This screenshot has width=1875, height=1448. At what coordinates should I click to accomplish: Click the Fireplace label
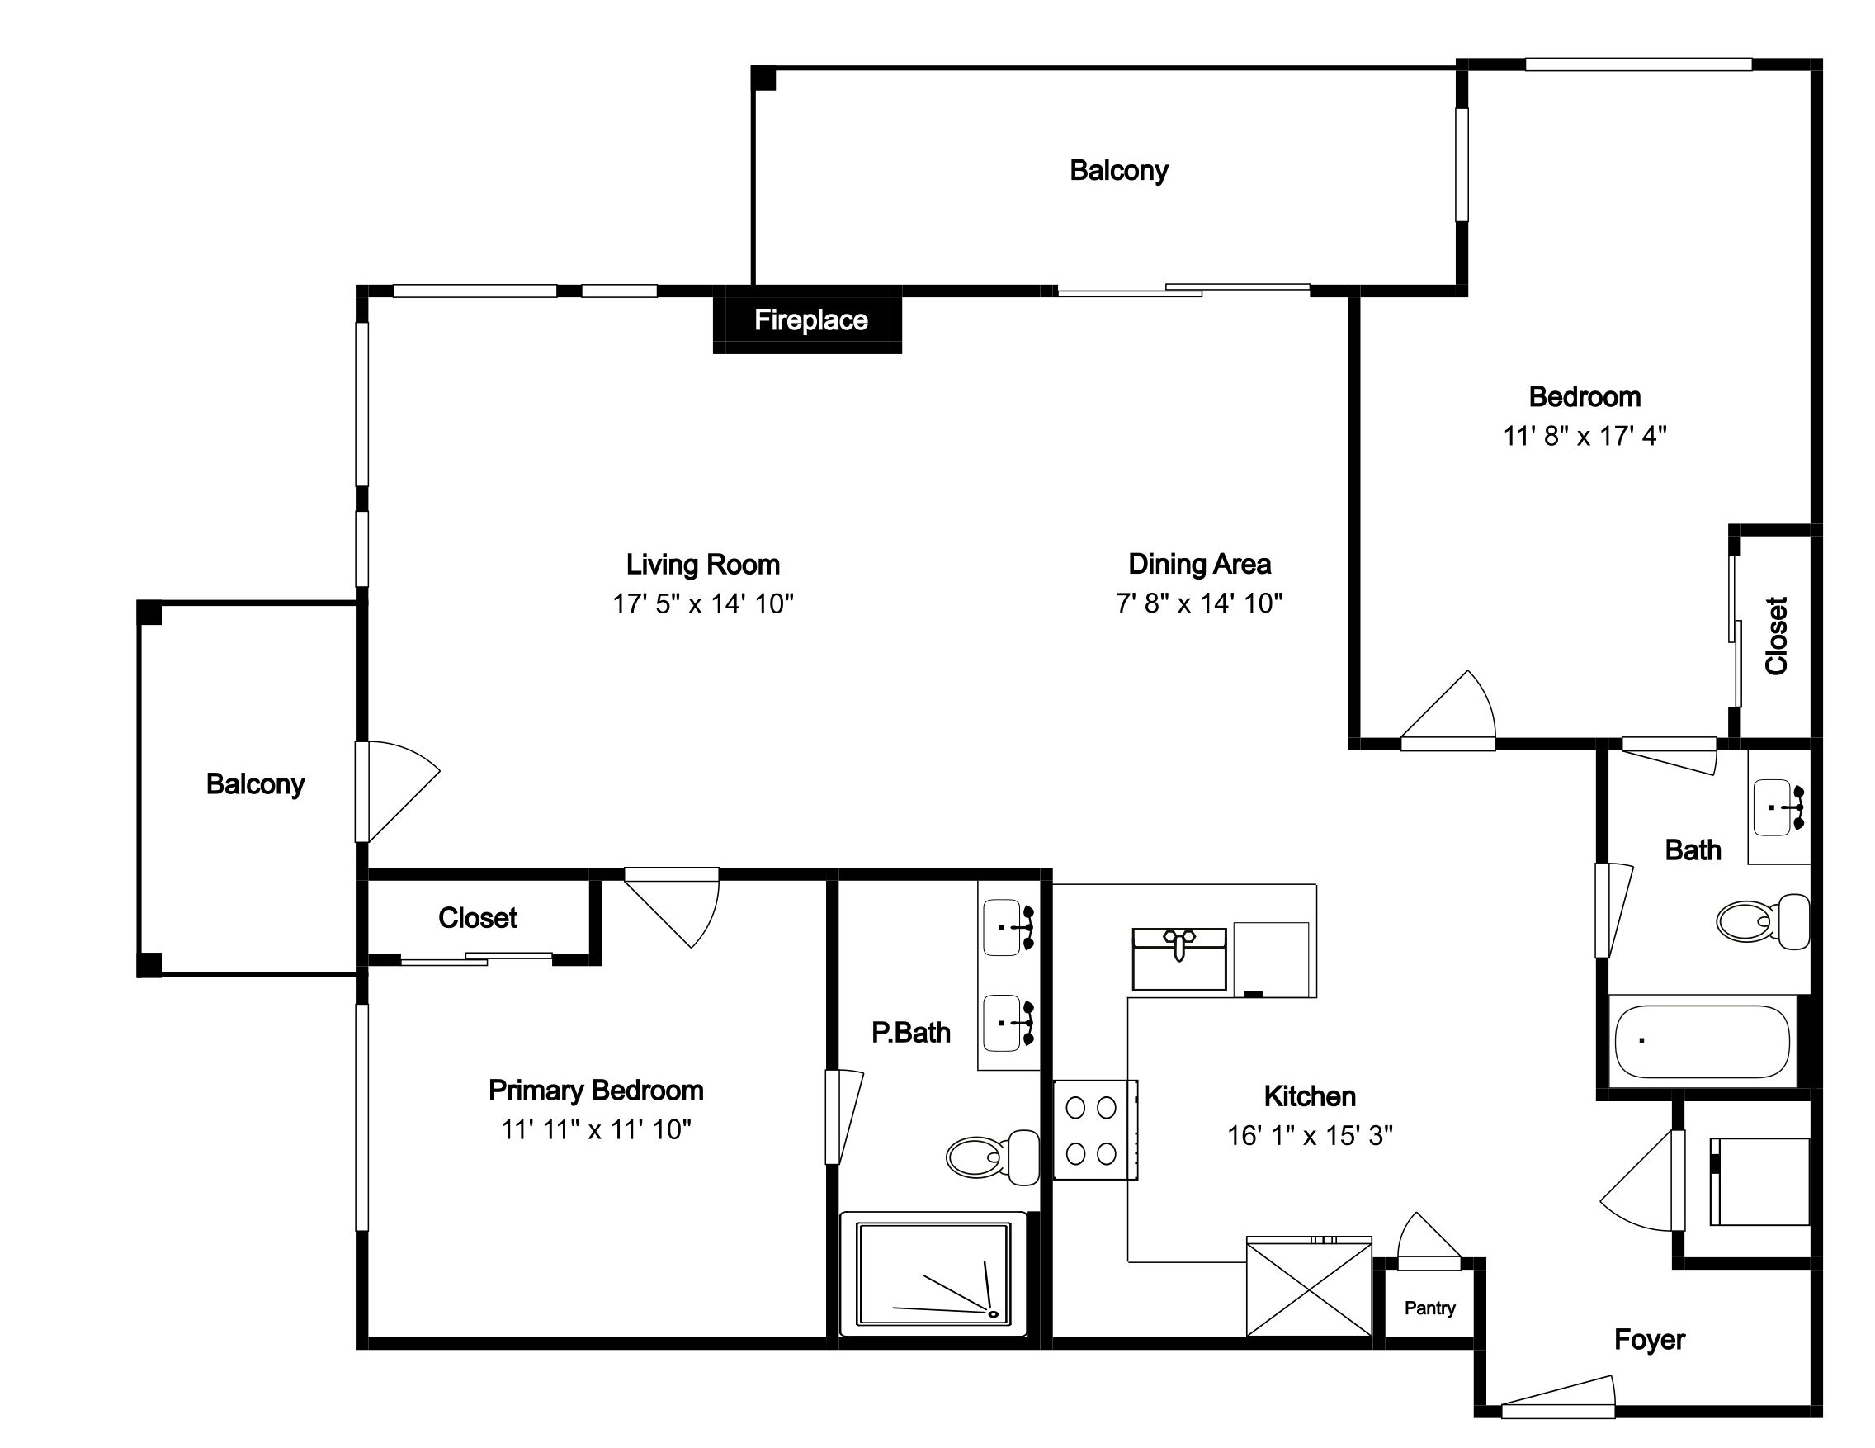tap(810, 320)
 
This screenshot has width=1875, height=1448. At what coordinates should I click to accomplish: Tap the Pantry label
tap(1429, 1308)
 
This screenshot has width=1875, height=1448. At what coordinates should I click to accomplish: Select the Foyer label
tap(1649, 1340)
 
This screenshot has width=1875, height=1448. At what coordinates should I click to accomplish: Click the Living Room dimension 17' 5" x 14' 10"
tap(703, 603)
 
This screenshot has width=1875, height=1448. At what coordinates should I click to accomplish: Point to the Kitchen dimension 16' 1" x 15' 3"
tap(1309, 1135)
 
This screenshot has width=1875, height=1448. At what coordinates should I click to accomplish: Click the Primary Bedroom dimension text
tap(596, 1129)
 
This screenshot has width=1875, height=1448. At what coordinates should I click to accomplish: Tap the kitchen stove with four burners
tap(1095, 1129)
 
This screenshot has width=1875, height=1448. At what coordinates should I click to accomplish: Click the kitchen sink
tap(1178, 958)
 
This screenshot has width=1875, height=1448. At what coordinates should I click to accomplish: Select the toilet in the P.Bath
tap(994, 1156)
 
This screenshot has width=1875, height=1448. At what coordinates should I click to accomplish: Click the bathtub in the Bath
tap(1702, 1041)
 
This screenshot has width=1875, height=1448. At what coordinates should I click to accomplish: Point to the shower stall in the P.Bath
tap(933, 1274)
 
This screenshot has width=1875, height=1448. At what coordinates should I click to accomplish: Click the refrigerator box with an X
tap(1309, 1286)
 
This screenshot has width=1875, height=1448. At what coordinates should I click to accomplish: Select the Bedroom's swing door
tap(1448, 709)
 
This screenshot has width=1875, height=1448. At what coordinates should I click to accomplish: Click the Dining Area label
tap(1199, 564)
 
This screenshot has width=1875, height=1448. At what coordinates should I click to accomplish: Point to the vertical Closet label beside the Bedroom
tap(1776, 636)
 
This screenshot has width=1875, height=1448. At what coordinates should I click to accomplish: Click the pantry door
tap(1429, 1241)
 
